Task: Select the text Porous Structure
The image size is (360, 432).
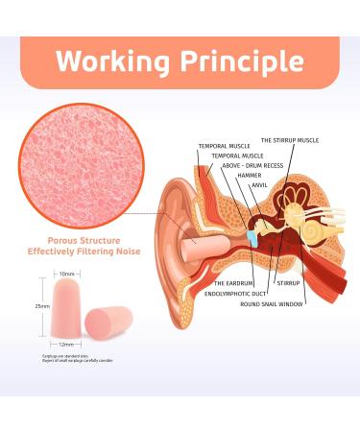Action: pos(84,242)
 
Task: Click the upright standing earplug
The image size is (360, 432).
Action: pos(64,307)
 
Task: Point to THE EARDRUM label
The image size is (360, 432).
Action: pos(233,283)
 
